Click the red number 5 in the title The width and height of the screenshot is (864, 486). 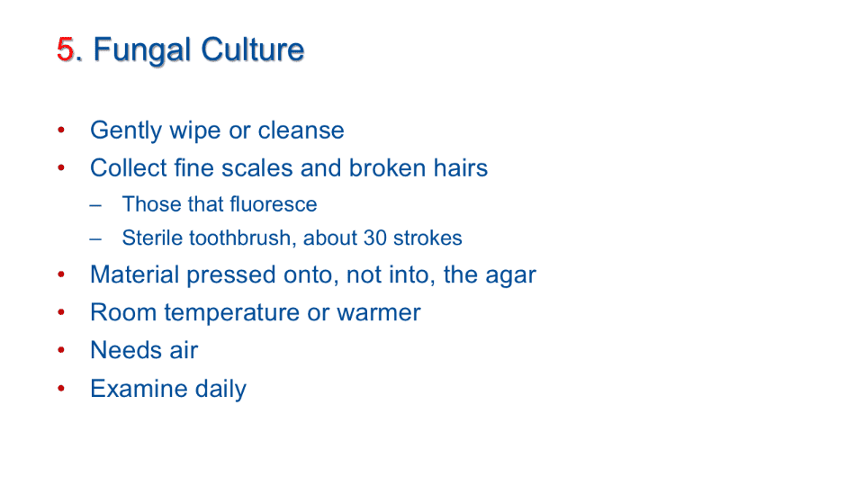point(66,49)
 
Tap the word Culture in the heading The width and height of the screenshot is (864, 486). point(252,49)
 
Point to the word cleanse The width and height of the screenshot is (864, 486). point(301,130)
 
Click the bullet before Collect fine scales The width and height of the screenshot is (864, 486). point(61,167)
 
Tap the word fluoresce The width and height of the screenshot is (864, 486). point(274,204)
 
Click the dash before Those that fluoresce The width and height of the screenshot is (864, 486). point(95,205)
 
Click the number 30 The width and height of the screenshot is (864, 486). point(374,238)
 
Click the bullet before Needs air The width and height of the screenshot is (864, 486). point(61,350)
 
